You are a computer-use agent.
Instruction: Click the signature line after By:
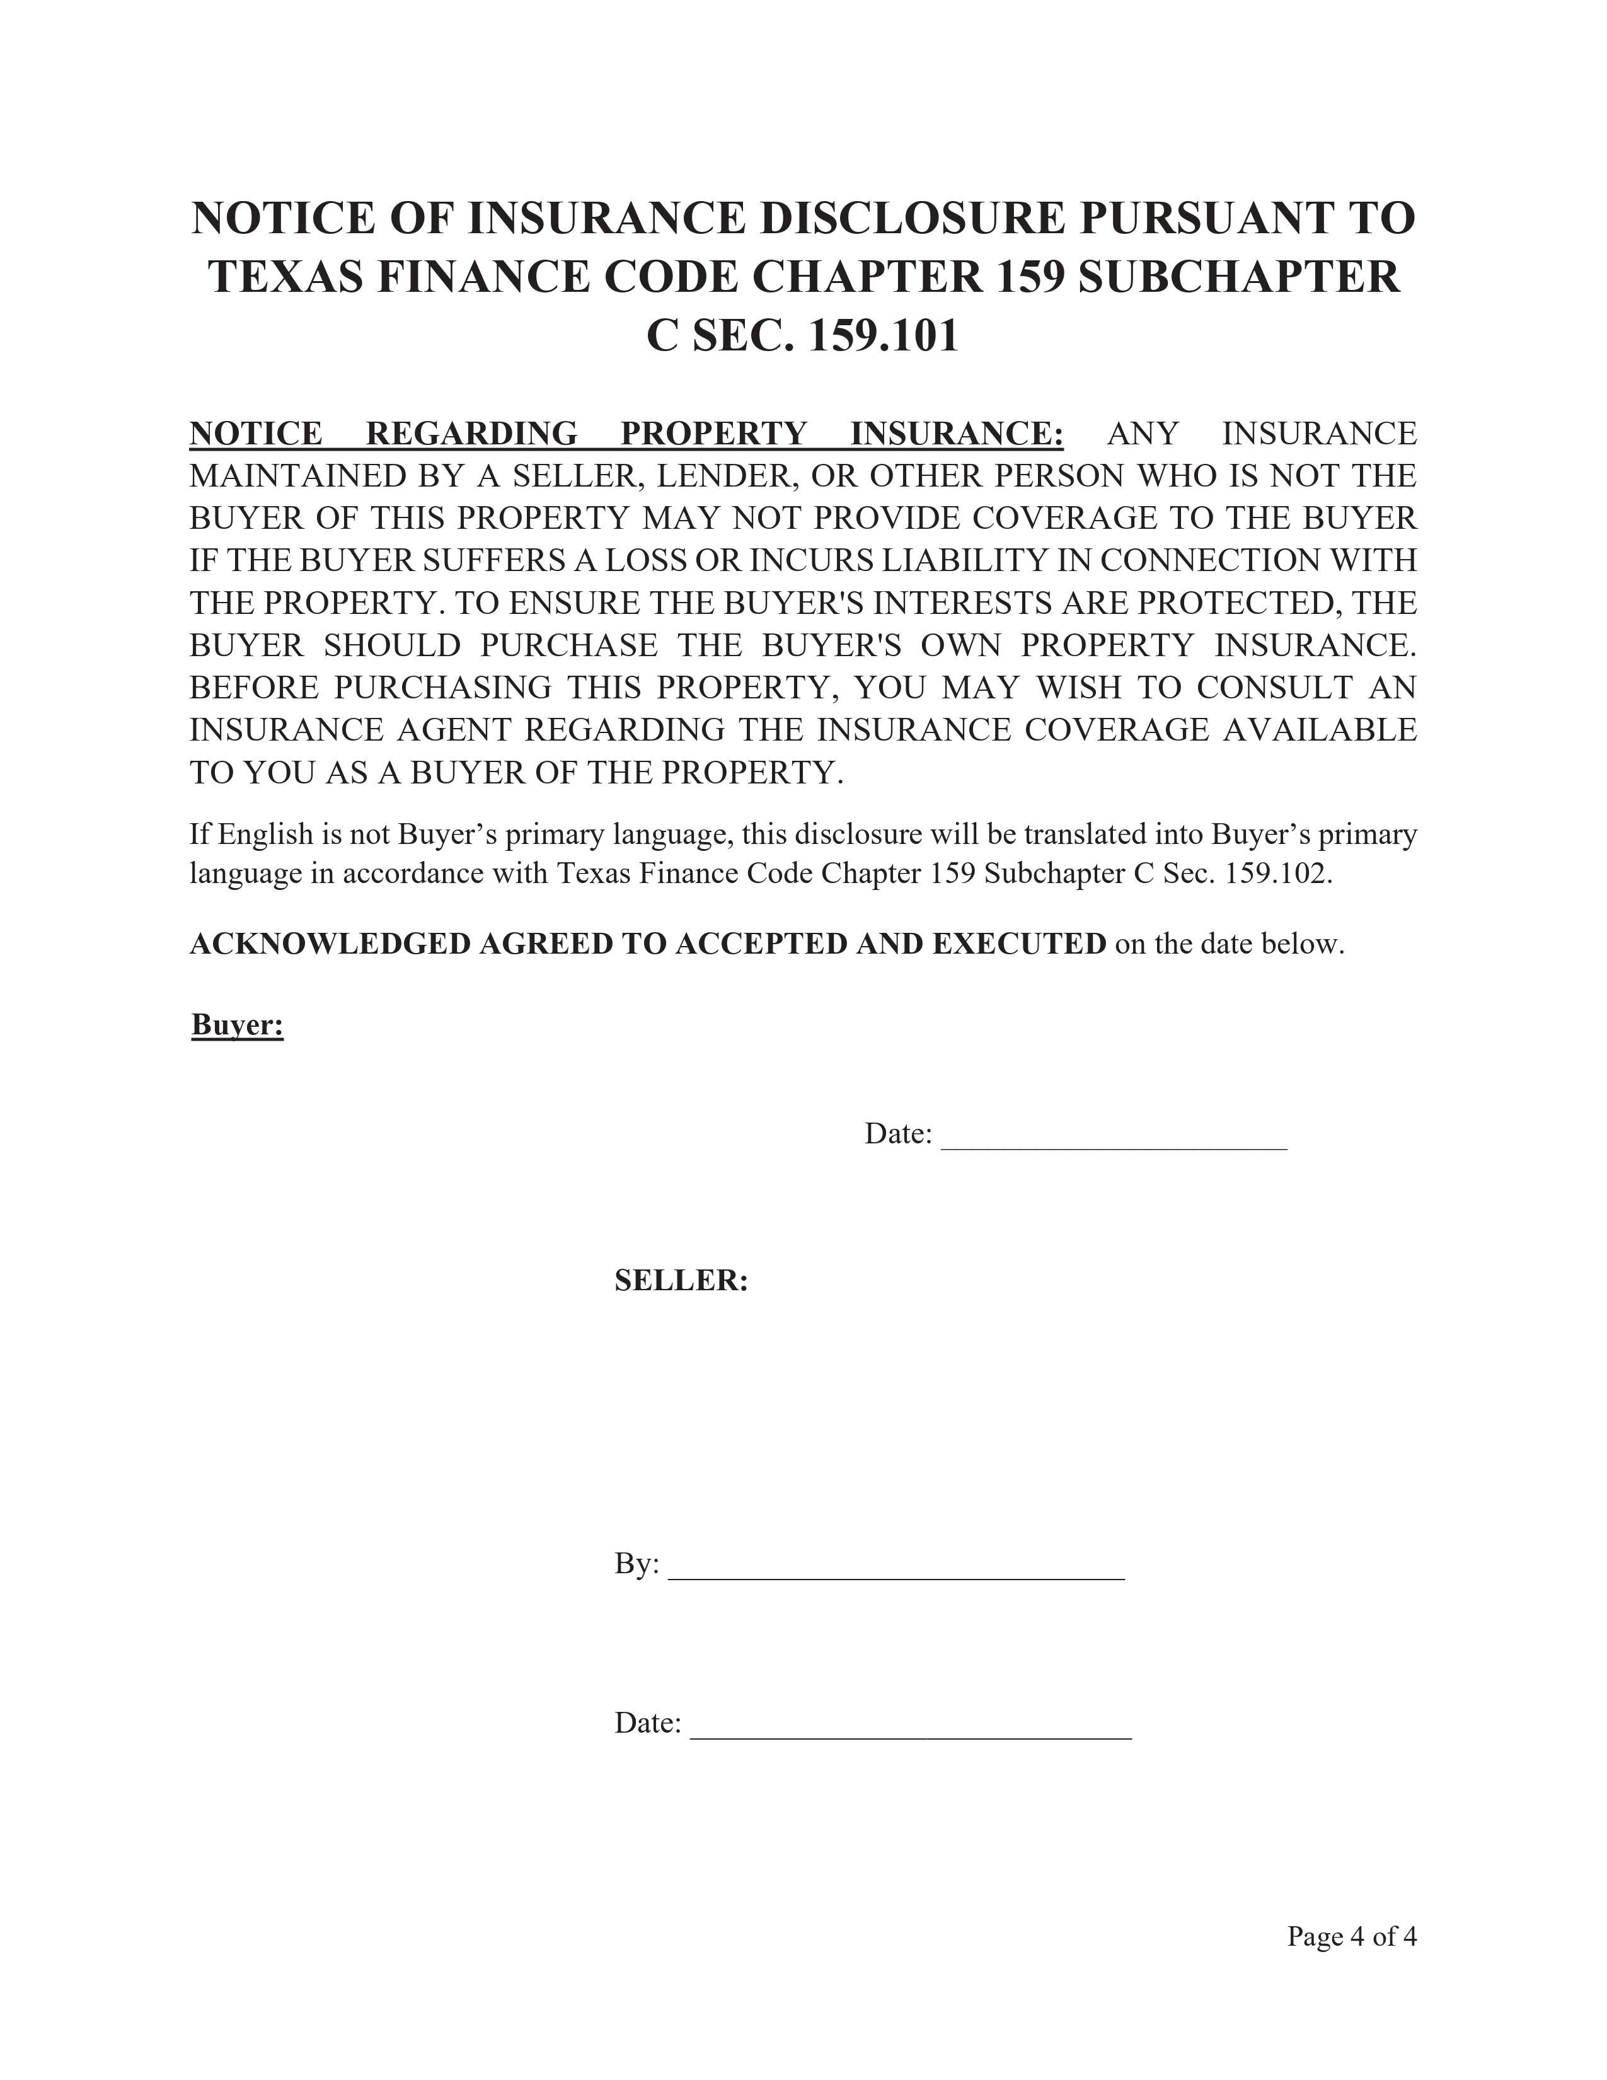point(896,1579)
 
